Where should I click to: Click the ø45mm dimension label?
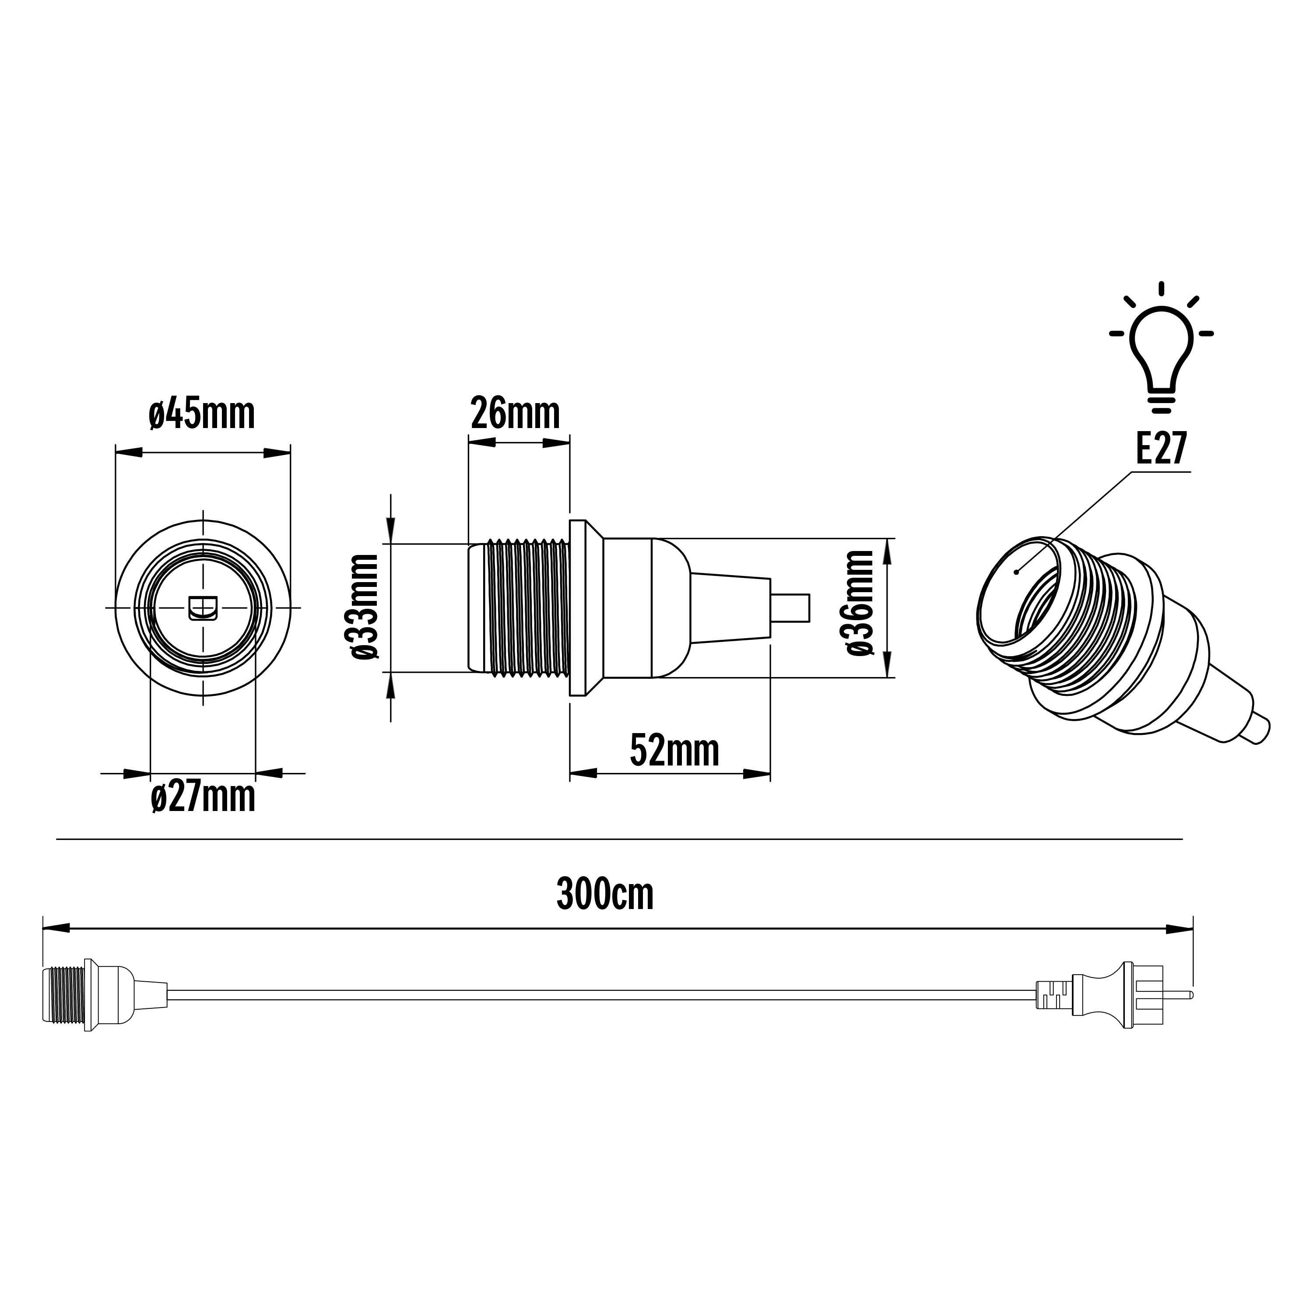point(202,414)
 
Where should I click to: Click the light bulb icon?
point(1161,353)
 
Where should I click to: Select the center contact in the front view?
point(203,609)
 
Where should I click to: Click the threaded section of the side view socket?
point(527,607)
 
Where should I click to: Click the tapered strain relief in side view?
point(730,607)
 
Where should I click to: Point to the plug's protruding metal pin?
point(1182,995)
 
